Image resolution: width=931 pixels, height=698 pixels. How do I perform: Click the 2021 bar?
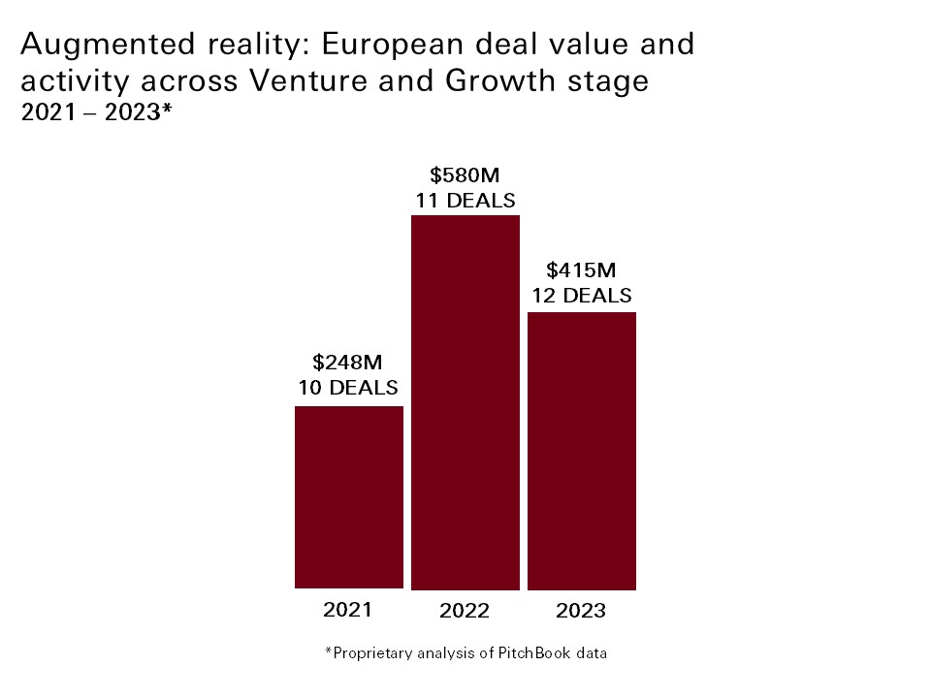point(348,496)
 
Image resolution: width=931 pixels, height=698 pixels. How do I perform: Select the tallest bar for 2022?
point(465,402)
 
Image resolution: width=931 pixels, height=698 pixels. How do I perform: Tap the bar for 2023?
point(582,451)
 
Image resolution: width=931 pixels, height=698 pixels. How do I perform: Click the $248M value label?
point(348,363)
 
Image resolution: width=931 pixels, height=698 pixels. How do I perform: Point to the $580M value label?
point(465,175)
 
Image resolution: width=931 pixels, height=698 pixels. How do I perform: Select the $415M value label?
point(581,270)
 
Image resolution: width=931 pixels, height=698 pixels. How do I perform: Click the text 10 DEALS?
point(348,388)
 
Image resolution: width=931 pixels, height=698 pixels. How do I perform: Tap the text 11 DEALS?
point(465,201)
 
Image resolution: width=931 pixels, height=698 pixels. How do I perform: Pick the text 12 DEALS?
point(581,295)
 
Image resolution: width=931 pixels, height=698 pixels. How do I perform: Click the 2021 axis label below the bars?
point(348,610)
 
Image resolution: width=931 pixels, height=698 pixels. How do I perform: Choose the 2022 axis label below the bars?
point(465,611)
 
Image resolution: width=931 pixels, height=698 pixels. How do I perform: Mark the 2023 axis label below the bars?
point(581,611)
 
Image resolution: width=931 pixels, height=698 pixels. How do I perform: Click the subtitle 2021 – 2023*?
point(96,112)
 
